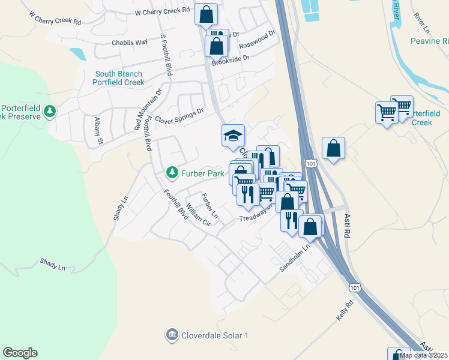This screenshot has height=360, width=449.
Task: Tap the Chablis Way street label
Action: tap(130, 43)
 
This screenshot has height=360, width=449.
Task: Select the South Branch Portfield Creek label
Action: tap(119, 78)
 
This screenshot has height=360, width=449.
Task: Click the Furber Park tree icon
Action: tap(172, 173)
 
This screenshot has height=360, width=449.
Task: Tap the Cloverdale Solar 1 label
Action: tap(215, 335)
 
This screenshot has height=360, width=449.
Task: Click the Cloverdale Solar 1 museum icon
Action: tap(172, 334)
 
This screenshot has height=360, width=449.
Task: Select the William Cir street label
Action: tap(198, 214)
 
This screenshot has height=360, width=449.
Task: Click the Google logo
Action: tap(20, 353)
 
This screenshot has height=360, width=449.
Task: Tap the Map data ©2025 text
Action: tap(423, 355)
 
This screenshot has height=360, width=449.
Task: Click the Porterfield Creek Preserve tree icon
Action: tap(50, 112)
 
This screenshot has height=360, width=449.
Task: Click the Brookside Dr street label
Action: tap(229, 61)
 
